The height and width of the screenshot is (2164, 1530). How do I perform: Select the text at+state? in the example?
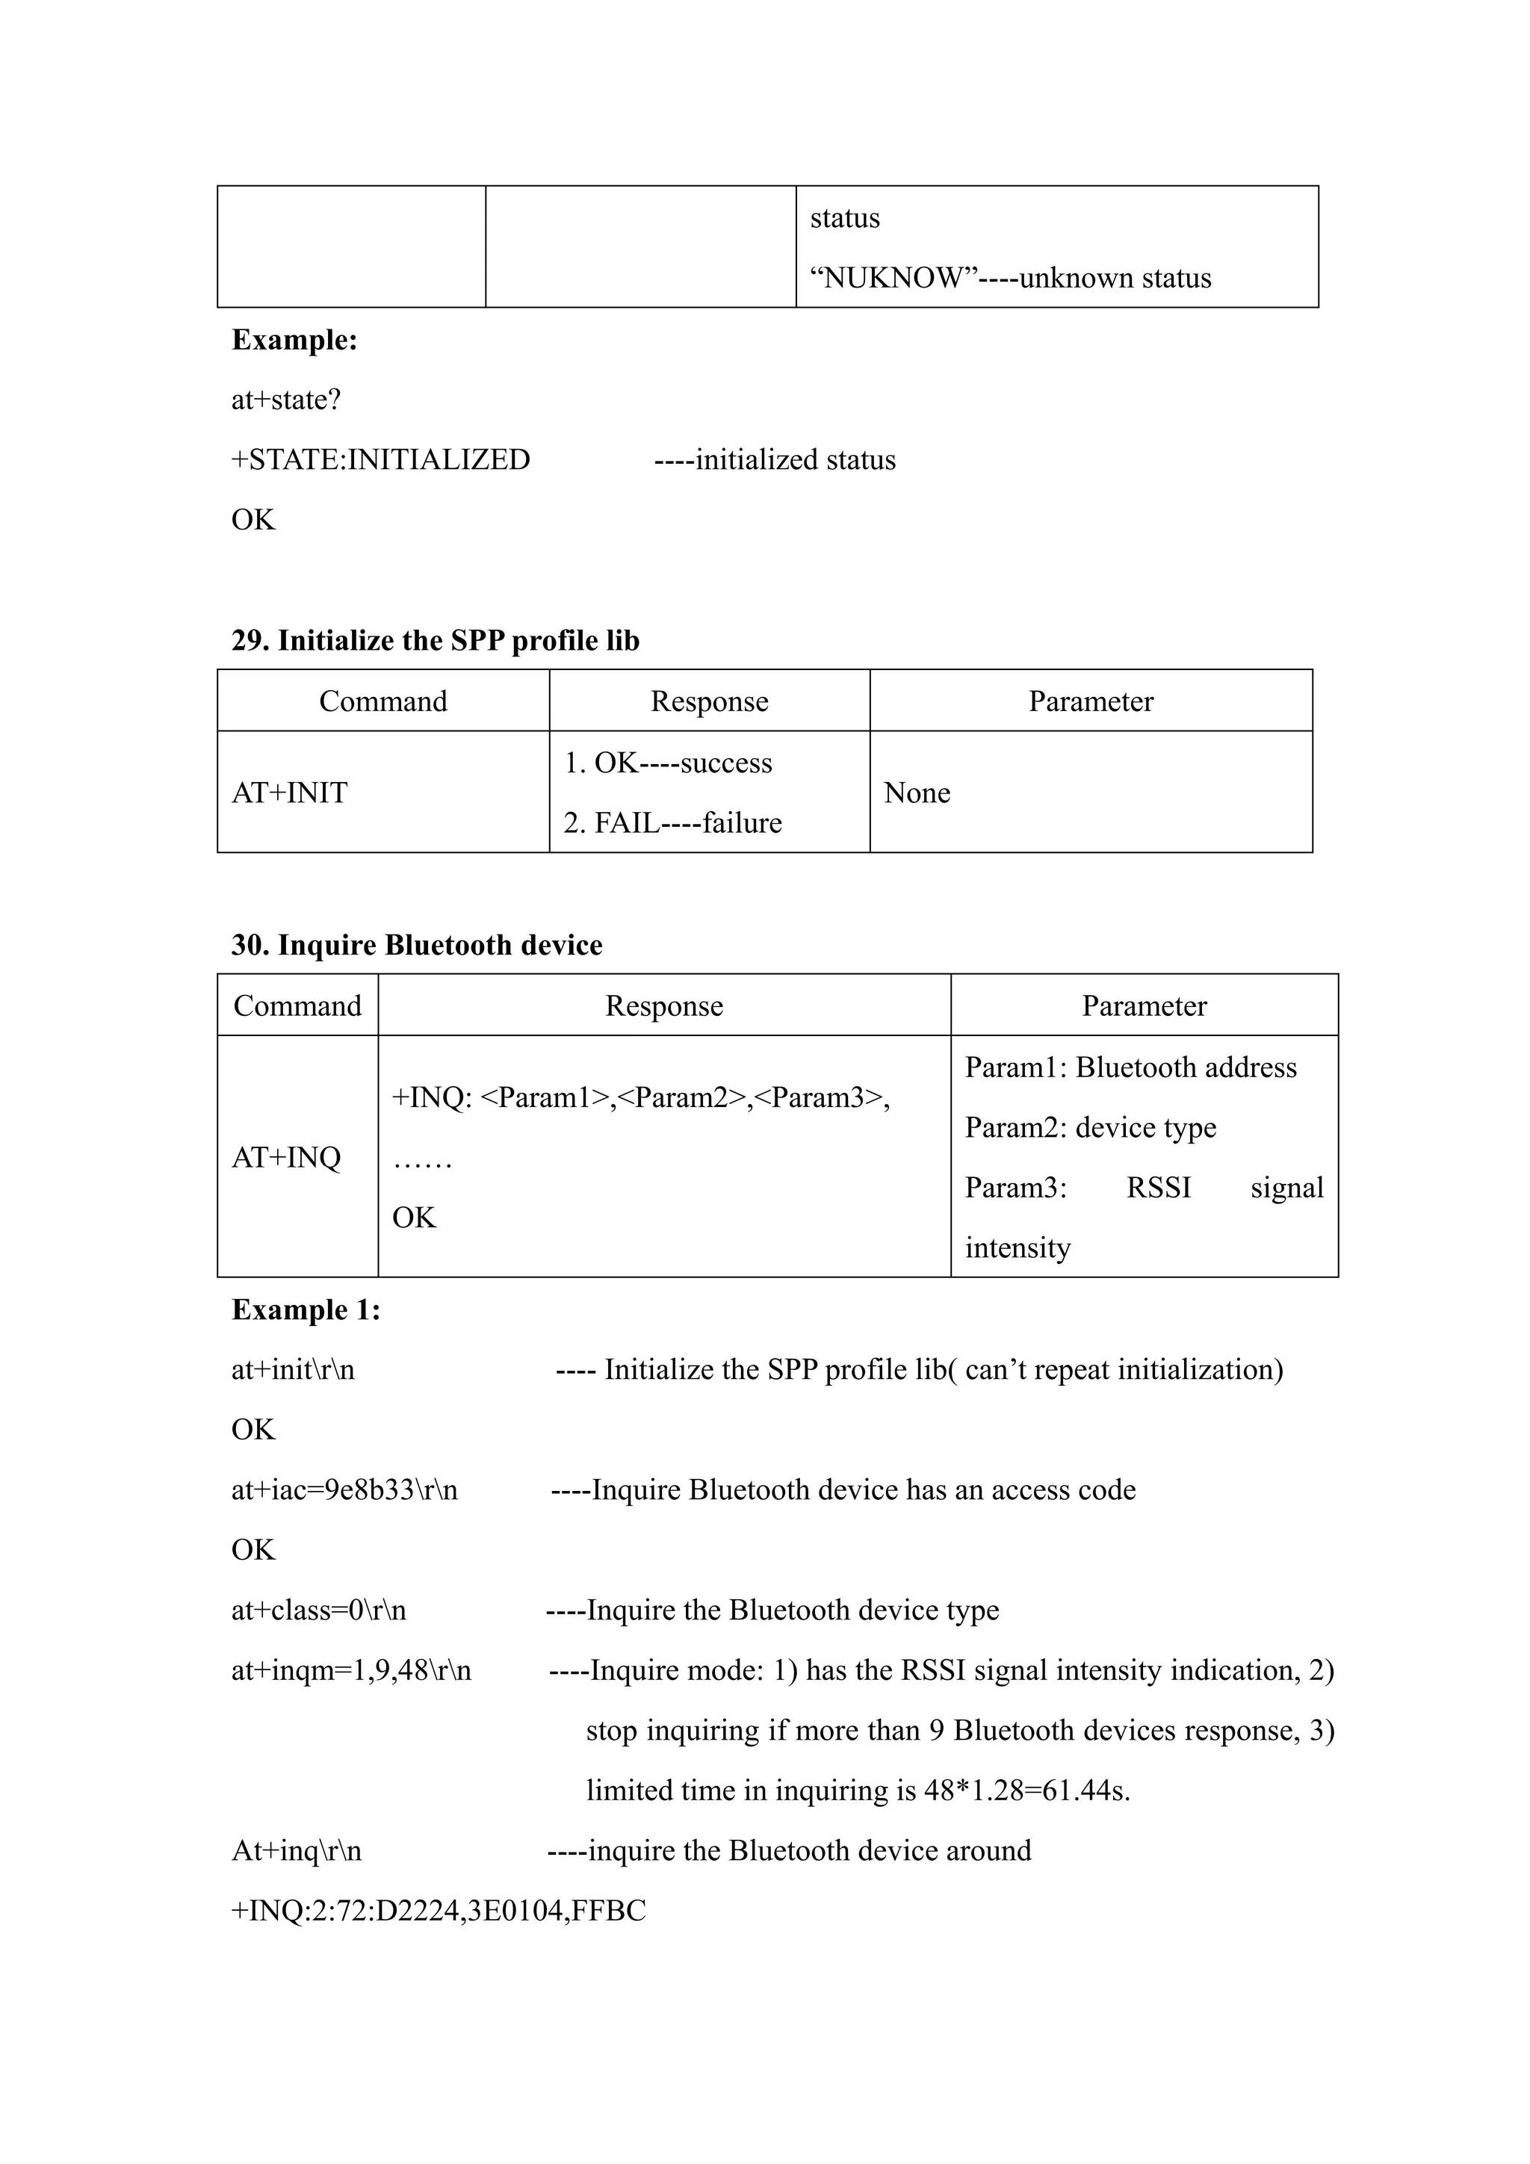(x=285, y=400)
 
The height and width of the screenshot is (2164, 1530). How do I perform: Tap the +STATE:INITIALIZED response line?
(x=381, y=460)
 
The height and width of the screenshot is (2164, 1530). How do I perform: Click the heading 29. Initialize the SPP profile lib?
(x=435, y=641)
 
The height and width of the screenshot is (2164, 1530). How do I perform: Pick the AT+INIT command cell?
(x=289, y=793)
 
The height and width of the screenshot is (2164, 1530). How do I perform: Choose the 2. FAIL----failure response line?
(x=672, y=823)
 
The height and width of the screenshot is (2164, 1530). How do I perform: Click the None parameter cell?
(x=917, y=793)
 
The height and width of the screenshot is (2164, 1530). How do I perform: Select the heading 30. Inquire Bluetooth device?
(x=417, y=946)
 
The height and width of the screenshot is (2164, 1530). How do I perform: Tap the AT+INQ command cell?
(x=285, y=1157)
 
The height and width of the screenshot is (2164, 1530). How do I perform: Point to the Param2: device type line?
(x=1090, y=1127)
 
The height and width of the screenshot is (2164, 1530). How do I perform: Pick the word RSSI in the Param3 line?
(x=1159, y=1188)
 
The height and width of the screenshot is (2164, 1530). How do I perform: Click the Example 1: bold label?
(x=306, y=1310)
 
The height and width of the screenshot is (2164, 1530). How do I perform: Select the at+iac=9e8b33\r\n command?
(x=344, y=1490)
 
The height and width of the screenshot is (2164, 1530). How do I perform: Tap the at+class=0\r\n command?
(x=319, y=1610)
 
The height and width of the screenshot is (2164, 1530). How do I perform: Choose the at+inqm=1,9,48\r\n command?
(x=350, y=1670)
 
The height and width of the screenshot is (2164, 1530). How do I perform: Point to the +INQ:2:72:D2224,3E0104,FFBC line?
(x=439, y=1911)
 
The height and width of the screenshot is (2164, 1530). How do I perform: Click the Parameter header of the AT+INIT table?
(x=1090, y=701)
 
